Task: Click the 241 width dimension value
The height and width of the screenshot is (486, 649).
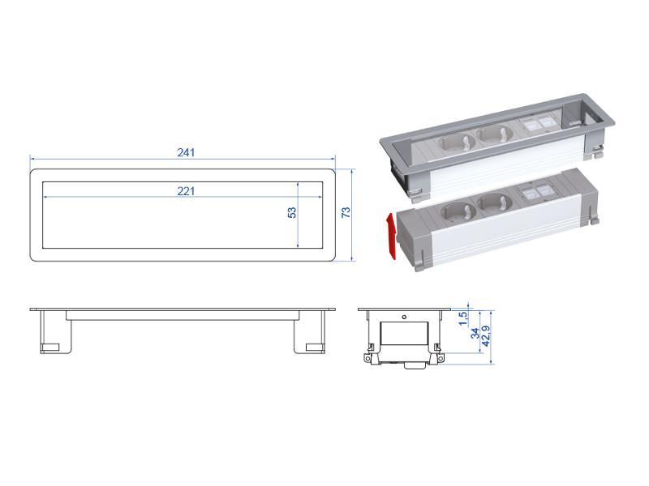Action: [x=186, y=152]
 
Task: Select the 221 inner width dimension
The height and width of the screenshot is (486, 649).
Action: [x=187, y=191]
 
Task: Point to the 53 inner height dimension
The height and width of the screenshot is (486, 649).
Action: [x=292, y=213]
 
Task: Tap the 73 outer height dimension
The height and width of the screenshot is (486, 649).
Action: [x=346, y=212]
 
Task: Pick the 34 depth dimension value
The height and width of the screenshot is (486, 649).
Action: [x=475, y=334]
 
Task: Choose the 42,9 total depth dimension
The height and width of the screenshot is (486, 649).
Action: [x=486, y=335]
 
